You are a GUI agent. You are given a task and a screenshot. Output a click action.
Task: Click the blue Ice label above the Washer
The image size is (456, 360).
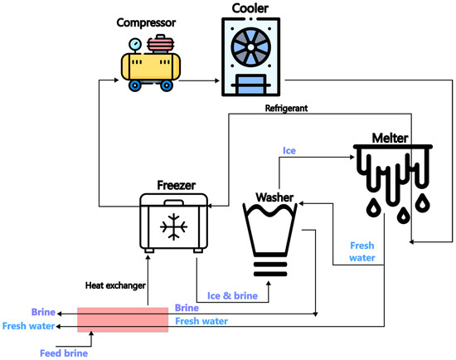point(290,151)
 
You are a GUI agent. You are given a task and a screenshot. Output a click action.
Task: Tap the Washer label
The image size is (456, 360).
point(274,197)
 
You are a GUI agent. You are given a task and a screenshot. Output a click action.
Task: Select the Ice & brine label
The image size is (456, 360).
point(232,294)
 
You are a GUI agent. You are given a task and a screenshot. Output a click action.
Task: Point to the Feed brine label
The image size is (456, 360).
point(64,353)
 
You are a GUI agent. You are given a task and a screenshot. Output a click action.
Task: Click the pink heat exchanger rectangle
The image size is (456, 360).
point(123,319)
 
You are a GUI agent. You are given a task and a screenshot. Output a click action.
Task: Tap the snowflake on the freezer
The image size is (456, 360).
point(174,226)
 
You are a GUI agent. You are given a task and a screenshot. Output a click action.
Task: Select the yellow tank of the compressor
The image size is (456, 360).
point(151,65)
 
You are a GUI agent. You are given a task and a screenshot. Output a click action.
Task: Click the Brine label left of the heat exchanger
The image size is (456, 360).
point(43,313)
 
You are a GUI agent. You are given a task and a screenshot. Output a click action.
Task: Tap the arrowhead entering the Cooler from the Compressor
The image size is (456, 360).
point(221,80)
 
